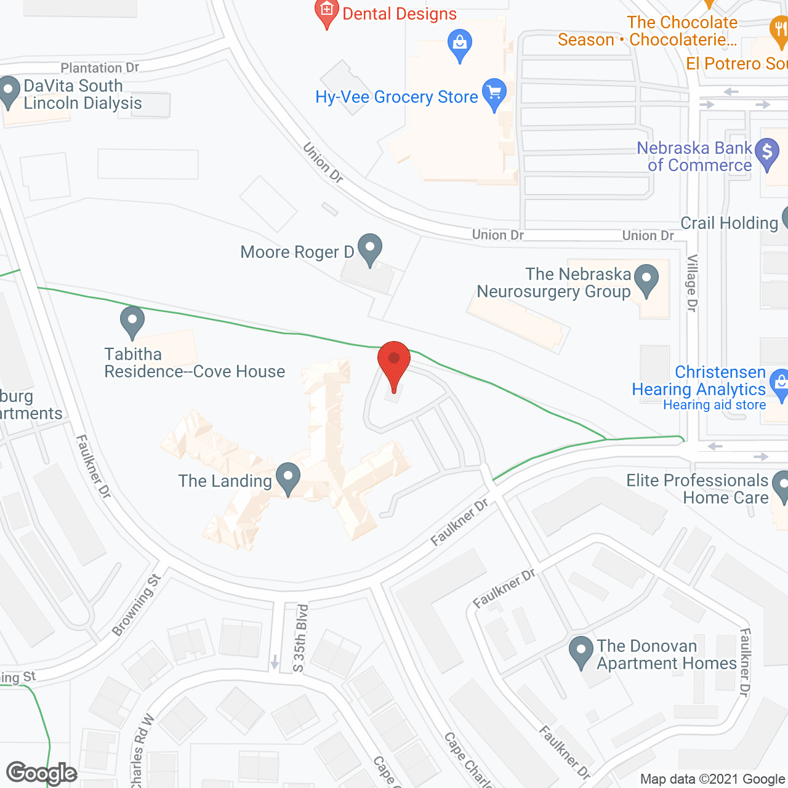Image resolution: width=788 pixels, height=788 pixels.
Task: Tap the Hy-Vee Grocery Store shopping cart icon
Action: click(x=494, y=94)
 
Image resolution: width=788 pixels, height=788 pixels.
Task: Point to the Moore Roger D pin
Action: click(x=369, y=249)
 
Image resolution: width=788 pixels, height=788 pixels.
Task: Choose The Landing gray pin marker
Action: click(x=287, y=478)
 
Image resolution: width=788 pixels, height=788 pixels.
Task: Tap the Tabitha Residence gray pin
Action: click(x=132, y=321)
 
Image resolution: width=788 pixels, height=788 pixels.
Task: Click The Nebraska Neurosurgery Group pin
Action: click(x=646, y=279)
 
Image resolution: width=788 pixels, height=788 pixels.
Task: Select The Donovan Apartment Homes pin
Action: click(x=580, y=651)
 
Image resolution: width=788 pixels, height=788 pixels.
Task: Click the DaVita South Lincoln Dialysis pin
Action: click(x=9, y=92)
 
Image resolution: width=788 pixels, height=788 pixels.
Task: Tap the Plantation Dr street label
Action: click(x=100, y=68)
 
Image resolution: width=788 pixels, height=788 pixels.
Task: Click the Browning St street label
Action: click(x=137, y=605)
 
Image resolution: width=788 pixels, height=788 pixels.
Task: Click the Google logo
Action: click(x=42, y=773)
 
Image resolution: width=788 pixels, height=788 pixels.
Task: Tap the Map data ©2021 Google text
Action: click(x=713, y=779)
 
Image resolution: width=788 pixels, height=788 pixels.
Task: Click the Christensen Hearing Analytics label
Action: click(x=699, y=381)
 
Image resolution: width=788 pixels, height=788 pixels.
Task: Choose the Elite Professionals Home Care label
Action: click(x=698, y=489)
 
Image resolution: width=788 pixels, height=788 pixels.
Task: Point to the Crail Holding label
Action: click(x=730, y=223)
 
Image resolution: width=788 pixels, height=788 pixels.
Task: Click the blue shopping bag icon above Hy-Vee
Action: click(x=459, y=44)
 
